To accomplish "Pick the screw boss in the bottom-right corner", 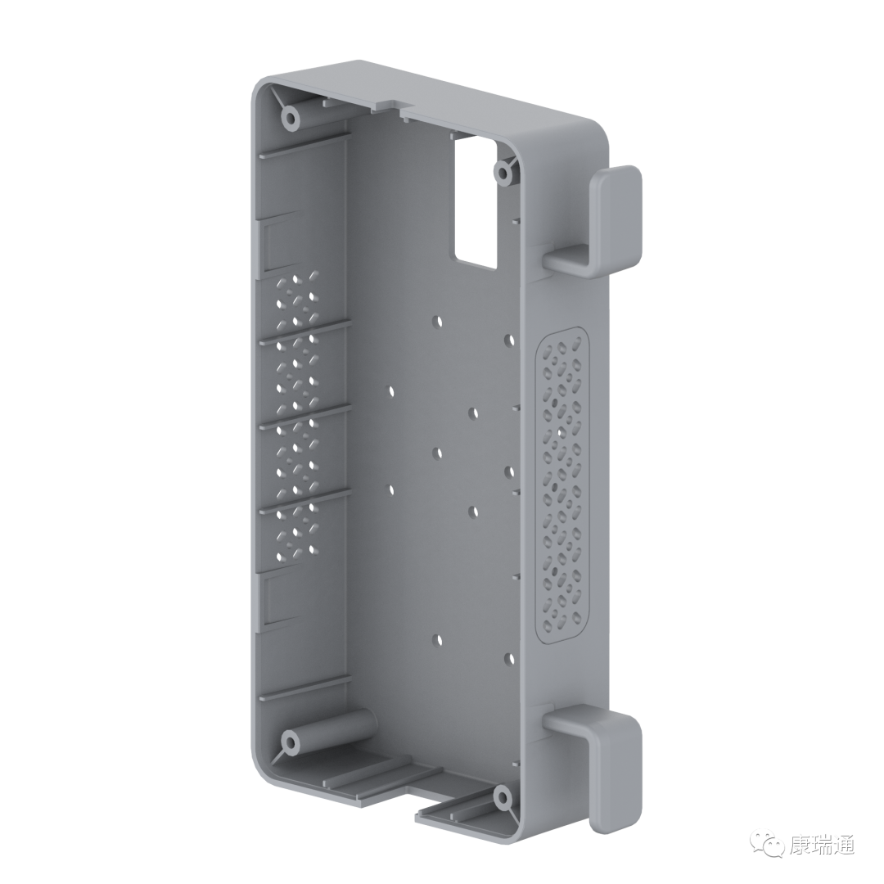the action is [501, 798].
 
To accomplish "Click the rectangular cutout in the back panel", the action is [476, 203].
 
